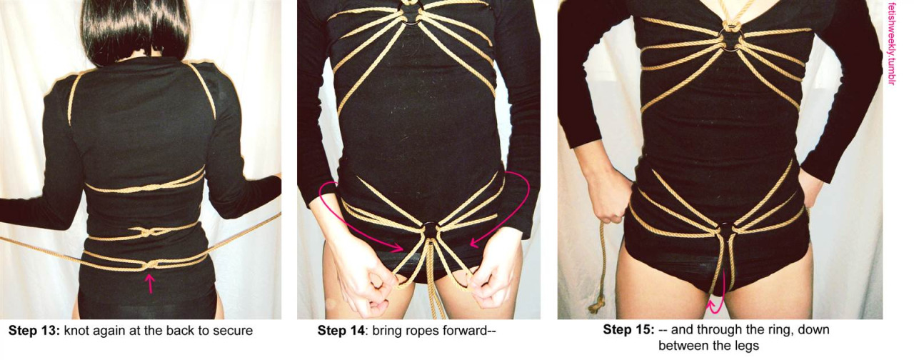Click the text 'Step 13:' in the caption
pyautogui.click(x=34, y=330)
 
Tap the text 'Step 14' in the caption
pyautogui.click(x=341, y=330)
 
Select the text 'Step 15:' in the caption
pyautogui.click(x=629, y=329)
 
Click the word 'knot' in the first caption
pyautogui.click(x=76, y=330)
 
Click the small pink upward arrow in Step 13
pyautogui.click(x=150, y=284)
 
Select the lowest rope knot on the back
pyautogui.click(x=151, y=264)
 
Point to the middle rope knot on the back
pyautogui.click(x=148, y=233)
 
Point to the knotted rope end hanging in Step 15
pyautogui.click(x=596, y=305)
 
